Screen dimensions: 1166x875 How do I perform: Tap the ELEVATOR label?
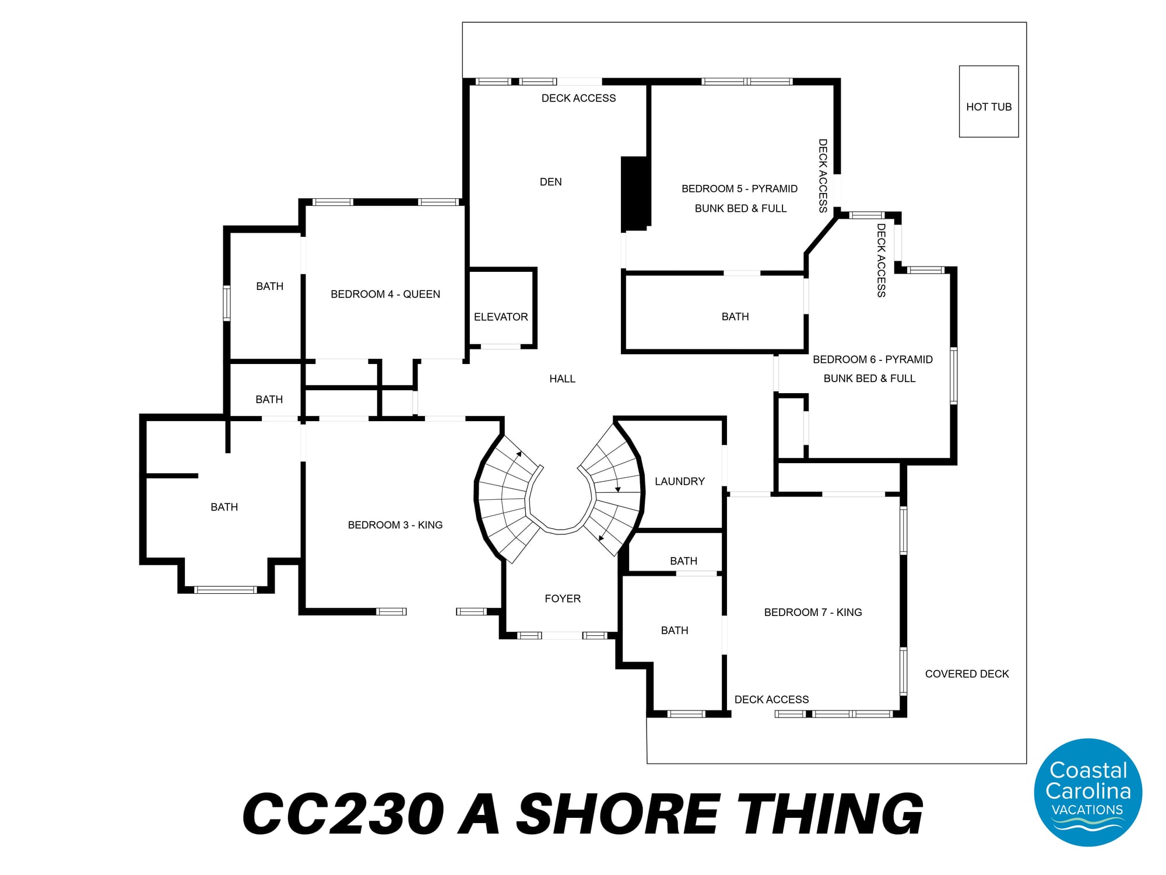pyautogui.click(x=501, y=317)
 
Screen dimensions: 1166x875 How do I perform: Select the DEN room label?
pyautogui.click(x=551, y=182)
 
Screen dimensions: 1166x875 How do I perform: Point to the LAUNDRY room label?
pyautogui.click(x=680, y=481)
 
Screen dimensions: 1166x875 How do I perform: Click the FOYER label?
pyautogui.click(x=563, y=598)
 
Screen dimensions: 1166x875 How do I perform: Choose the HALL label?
pyautogui.click(x=563, y=379)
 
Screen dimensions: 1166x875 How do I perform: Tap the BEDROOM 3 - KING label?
pyautogui.click(x=395, y=525)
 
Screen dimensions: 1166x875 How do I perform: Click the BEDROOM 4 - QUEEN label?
pyautogui.click(x=385, y=294)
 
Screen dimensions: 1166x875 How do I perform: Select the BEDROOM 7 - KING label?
pyautogui.click(x=813, y=612)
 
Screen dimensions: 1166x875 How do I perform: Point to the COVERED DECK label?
pyautogui.click(x=967, y=674)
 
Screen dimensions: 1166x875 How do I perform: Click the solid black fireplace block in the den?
pyautogui.click(x=635, y=193)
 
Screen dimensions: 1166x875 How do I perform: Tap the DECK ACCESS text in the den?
pyautogui.click(x=579, y=98)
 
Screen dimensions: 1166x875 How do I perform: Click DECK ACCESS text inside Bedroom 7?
pyautogui.click(x=772, y=699)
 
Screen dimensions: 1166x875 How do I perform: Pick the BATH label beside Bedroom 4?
pyautogui.click(x=270, y=286)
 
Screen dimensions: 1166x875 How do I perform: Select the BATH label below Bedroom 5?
pyautogui.click(x=735, y=317)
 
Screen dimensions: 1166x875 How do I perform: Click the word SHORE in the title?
pyautogui.click(x=617, y=814)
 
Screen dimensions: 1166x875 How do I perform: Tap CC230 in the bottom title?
pyautogui.click(x=343, y=814)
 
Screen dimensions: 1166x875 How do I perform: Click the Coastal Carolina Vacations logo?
pyautogui.click(x=1088, y=792)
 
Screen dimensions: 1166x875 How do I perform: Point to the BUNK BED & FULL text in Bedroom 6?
pyautogui.click(x=870, y=379)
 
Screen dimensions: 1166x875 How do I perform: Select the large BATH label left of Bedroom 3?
pyautogui.click(x=224, y=507)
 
